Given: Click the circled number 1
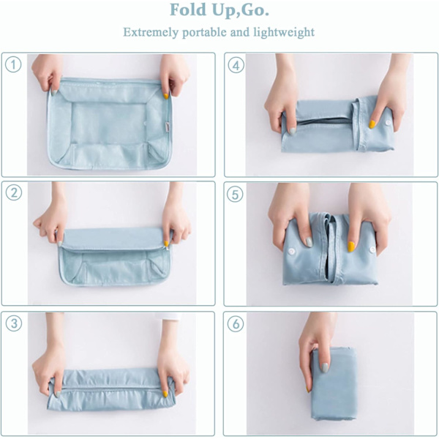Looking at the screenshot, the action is (x=13, y=64).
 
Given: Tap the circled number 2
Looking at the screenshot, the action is (x=13, y=192).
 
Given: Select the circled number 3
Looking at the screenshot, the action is (x=13, y=323).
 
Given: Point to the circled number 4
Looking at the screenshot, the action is (x=236, y=65).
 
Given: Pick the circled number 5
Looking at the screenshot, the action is (x=235, y=195).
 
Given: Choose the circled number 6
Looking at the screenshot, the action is (x=236, y=324).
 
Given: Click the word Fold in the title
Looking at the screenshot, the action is (x=188, y=10).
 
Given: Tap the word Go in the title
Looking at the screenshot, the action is (x=253, y=10).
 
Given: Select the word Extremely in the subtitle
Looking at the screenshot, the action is (x=151, y=32).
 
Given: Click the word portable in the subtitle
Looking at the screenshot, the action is (x=205, y=32).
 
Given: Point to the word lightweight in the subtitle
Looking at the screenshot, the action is (x=284, y=32).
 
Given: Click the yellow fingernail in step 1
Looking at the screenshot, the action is (x=166, y=96).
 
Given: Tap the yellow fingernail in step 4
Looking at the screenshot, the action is (x=372, y=124).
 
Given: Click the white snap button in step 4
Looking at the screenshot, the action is (x=388, y=123).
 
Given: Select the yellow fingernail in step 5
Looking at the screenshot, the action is (x=351, y=247).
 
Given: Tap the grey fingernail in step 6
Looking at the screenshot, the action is (x=325, y=367).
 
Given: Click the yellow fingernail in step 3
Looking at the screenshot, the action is (x=165, y=394).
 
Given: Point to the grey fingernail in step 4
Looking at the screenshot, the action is (x=292, y=131).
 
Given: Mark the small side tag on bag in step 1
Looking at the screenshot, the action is (x=167, y=124).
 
